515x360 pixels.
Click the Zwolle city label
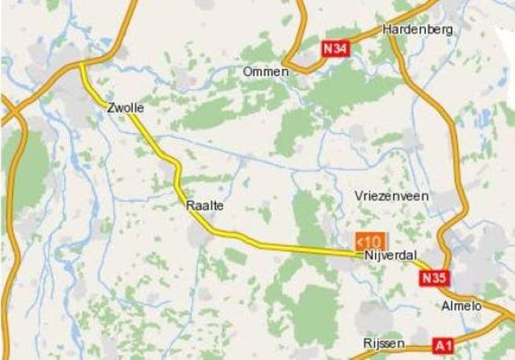(125, 108)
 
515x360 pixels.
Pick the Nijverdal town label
(391, 255)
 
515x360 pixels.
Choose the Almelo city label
(461, 306)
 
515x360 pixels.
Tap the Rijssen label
(384, 344)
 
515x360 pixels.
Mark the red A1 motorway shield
(443, 345)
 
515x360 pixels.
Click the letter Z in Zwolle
(111, 108)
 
